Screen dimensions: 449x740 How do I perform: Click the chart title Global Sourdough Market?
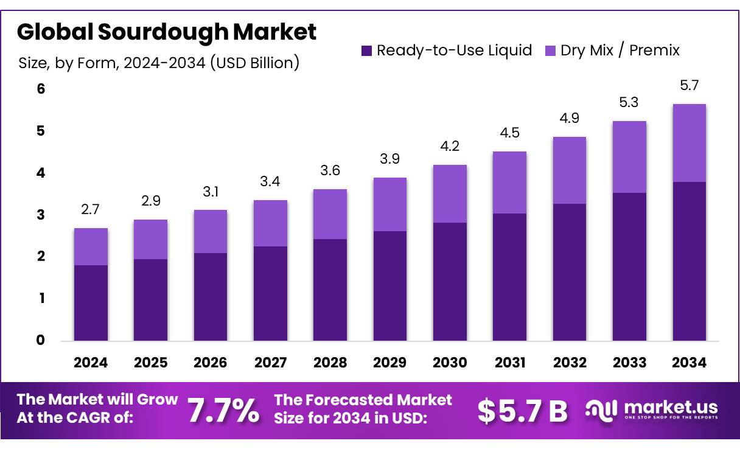(x=166, y=32)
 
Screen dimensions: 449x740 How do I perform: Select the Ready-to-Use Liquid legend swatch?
(x=366, y=50)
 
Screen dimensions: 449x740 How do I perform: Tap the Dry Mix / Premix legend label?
(x=620, y=50)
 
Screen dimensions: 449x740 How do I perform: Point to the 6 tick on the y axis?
(x=40, y=89)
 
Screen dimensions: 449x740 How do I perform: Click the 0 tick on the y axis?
(x=40, y=340)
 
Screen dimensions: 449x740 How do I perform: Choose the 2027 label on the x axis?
(x=270, y=363)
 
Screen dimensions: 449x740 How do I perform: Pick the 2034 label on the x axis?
(x=689, y=363)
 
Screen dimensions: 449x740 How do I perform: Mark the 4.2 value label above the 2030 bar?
(x=450, y=146)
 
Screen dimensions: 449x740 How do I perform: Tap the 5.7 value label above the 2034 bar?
(x=689, y=86)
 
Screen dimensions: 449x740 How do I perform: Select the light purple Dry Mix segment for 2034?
(x=689, y=143)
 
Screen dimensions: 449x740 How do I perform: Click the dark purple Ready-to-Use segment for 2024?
(x=91, y=302)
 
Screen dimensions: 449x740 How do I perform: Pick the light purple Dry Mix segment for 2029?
(x=389, y=204)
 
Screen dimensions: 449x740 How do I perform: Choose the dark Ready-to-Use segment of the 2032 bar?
(x=569, y=272)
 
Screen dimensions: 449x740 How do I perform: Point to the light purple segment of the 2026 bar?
(x=210, y=231)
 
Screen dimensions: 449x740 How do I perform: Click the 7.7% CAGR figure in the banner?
(x=223, y=411)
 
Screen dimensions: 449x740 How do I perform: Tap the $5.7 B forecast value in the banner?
(x=522, y=411)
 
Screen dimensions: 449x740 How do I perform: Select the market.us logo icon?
(x=601, y=409)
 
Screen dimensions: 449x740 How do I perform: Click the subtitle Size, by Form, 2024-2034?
(x=159, y=63)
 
